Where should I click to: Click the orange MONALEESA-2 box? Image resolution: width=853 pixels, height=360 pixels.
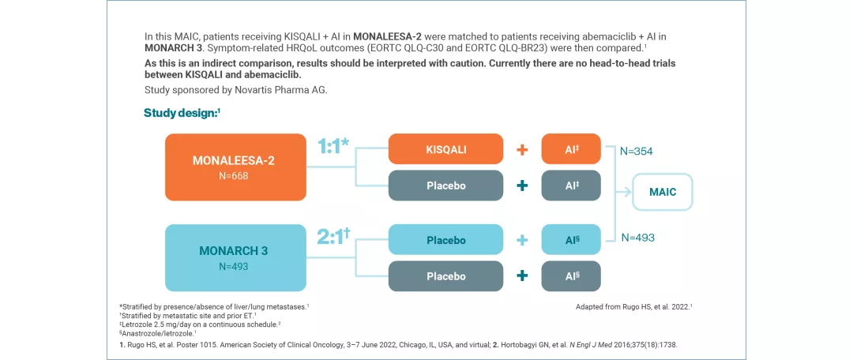pos(235,167)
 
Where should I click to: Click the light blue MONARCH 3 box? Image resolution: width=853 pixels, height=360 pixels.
pos(235,257)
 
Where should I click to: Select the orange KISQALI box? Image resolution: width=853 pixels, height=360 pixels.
pos(445,149)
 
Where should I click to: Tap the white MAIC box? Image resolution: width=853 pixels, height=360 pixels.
pos(663,192)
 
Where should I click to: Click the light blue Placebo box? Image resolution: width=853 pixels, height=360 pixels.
pos(445,240)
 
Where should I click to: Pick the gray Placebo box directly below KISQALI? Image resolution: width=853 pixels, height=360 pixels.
pos(445,186)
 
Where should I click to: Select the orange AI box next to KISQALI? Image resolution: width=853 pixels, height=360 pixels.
pos(571,149)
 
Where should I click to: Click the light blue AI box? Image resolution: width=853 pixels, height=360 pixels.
pos(571,240)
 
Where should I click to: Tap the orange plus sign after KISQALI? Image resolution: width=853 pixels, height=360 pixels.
pos(521,150)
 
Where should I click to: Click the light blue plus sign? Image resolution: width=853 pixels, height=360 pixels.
pos(521,240)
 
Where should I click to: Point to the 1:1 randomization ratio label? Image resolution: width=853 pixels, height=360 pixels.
pos(333,147)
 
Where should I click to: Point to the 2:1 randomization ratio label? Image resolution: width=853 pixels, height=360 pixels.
pos(333,237)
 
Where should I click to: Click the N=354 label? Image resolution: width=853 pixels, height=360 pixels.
pos(637,151)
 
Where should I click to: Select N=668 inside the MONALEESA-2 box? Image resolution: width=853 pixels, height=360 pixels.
pos(234,176)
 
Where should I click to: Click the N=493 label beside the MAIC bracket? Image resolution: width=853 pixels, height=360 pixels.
pos(639,237)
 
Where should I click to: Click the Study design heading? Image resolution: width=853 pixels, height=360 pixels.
pos(182,113)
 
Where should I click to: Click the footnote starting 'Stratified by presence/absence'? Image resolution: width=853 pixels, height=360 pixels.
pos(213,306)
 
